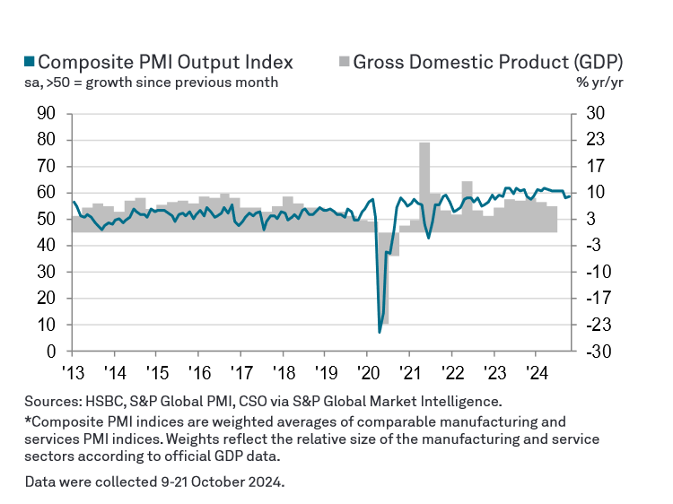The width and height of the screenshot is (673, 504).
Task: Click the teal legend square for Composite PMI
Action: [x=29, y=62]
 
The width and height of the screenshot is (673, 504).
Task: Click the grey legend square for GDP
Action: [x=343, y=62]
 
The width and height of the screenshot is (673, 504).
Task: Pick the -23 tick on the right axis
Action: [x=598, y=325]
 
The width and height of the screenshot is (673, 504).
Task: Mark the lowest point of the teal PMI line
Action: [x=380, y=332]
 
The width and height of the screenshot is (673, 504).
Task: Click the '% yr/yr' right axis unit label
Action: [x=600, y=83]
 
